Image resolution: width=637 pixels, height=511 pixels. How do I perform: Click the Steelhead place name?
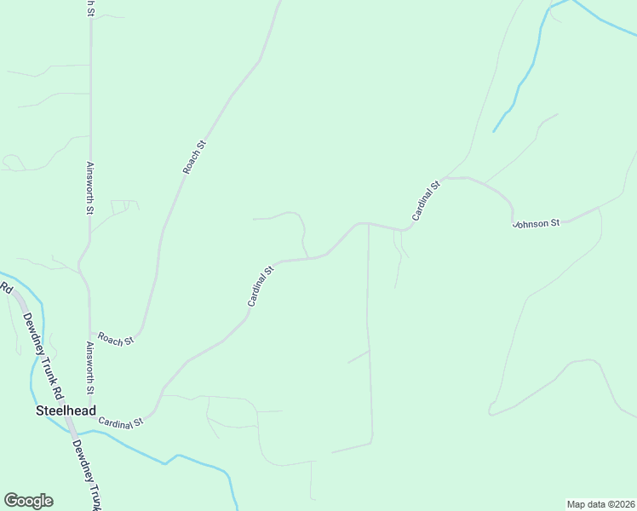pyautogui.click(x=66, y=410)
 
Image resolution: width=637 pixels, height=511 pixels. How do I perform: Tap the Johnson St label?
pyautogui.click(x=536, y=223)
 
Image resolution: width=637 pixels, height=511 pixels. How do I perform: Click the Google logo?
pyautogui.click(x=28, y=501)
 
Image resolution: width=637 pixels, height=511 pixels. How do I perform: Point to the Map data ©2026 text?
pyautogui.click(x=600, y=503)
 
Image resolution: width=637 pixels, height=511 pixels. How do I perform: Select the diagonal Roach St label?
pyautogui.click(x=195, y=158)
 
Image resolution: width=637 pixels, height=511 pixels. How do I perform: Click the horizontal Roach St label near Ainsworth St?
pyautogui.click(x=116, y=339)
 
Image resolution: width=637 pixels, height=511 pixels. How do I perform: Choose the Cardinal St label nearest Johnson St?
pyautogui.click(x=426, y=200)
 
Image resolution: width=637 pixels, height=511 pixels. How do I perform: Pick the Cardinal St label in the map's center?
pyautogui.click(x=261, y=286)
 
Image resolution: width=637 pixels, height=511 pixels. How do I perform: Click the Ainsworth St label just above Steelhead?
pyautogui.click(x=89, y=368)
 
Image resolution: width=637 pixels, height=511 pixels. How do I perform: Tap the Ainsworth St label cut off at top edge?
pyautogui.click(x=89, y=7)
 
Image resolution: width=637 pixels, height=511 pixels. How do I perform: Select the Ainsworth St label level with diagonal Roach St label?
pyautogui.click(x=89, y=188)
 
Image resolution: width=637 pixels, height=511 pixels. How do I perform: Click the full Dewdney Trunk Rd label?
pyautogui.click(x=43, y=357)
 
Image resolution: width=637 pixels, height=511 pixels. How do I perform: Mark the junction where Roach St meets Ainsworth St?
pyautogui.click(x=90, y=333)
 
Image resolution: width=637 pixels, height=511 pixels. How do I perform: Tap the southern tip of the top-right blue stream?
pyautogui.click(x=494, y=131)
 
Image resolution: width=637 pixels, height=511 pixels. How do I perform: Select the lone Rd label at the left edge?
pyautogui.click(x=6, y=288)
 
